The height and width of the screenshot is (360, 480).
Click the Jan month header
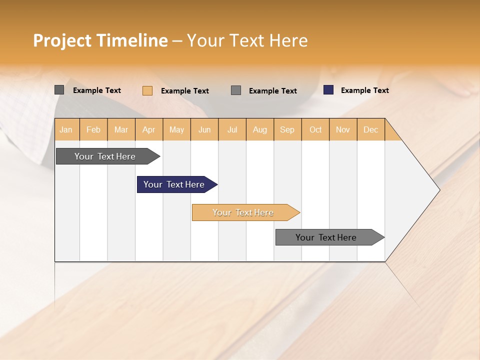(66, 129)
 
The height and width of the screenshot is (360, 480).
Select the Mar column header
(121, 129)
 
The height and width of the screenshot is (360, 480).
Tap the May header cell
(176, 129)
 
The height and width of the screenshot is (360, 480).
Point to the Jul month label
(232, 129)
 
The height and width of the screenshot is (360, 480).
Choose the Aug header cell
(259, 129)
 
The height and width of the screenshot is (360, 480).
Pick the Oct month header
(315, 129)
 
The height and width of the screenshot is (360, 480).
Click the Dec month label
(370, 129)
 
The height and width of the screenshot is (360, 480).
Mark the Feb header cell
(93, 129)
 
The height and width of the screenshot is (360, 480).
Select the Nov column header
(342, 129)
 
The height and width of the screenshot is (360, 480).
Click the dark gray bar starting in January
(105, 156)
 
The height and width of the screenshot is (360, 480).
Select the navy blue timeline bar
(174, 184)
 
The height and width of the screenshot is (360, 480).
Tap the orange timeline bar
(243, 212)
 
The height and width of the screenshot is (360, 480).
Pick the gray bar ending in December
(326, 237)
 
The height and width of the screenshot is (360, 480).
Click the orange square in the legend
(147, 90)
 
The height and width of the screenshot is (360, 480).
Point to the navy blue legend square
(328, 90)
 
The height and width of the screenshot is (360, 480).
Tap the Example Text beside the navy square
(364, 90)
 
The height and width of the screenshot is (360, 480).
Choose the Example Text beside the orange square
(184, 91)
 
